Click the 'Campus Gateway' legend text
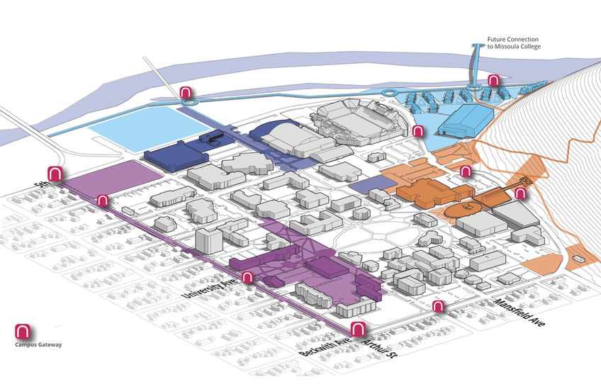tap(38, 344)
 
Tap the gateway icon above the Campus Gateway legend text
tap(22, 332)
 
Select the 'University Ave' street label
tap(210, 286)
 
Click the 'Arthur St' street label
tap(378, 348)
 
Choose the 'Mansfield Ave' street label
tap(519, 312)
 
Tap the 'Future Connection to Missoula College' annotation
tap(514, 43)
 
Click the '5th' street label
tap(40, 185)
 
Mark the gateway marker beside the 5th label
tap(55, 174)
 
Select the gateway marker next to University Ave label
tap(247, 277)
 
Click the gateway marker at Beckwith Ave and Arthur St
tap(358, 329)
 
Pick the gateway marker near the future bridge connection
tap(493, 81)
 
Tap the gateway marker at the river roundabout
tap(186, 93)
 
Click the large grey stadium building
tap(359, 122)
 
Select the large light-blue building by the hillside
tap(466, 119)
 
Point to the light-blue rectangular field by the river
tap(147, 128)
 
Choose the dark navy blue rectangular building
tap(176, 155)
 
